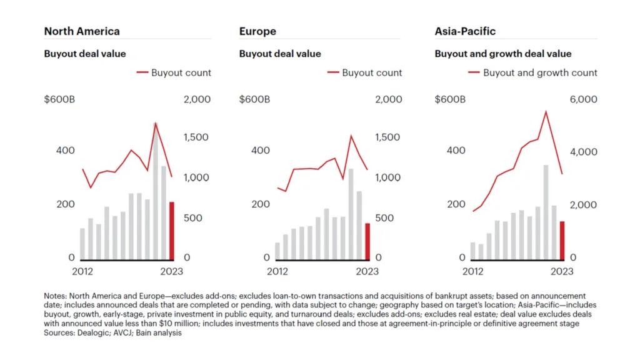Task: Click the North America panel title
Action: (x=82, y=31)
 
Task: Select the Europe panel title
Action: (x=257, y=31)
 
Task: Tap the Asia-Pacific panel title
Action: (x=466, y=31)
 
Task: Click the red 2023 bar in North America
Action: (x=172, y=230)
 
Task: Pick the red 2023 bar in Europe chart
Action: (x=367, y=241)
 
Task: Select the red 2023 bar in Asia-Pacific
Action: (x=562, y=240)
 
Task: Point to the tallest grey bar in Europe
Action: (x=351, y=214)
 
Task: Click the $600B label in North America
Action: (x=60, y=99)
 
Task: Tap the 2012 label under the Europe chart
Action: (x=277, y=271)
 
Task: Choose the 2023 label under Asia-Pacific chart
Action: (x=562, y=271)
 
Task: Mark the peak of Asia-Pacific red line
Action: (x=546, y=112)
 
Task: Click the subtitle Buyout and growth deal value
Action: (x=503, y=54)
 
